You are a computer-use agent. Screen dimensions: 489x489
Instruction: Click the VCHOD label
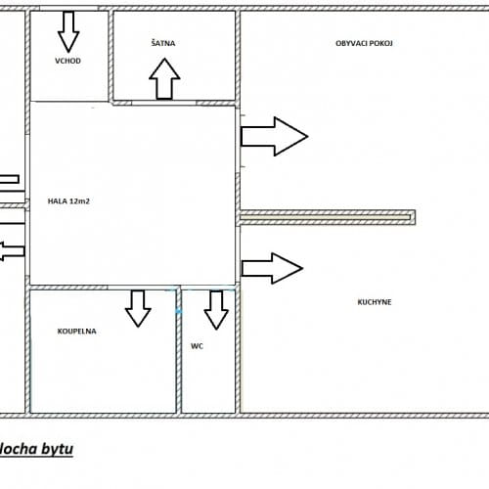coord(67,61)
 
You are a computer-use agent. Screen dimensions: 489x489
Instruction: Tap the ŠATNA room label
coord(163,43)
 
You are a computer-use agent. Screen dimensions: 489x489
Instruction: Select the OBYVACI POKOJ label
coord(364,43)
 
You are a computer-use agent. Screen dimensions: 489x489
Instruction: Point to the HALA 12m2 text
coord(68,201)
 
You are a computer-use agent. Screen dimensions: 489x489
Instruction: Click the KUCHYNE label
coord(375,302)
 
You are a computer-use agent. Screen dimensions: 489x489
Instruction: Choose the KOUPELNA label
coord(76,332)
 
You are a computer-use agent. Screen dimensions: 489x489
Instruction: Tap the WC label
coord(197,346)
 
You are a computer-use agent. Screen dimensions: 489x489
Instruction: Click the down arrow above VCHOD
coord(68,31)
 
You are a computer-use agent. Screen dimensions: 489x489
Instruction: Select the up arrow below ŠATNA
coord(164,79)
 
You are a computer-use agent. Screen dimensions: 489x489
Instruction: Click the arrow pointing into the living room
coord(275,136)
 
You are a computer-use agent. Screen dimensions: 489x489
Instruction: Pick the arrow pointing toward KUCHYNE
coord(273,268)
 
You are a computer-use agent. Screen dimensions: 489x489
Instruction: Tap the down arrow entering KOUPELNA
coord(138,308)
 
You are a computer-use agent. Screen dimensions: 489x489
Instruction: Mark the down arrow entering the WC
coord(216,310)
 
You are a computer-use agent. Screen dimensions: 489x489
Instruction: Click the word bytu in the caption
coord(56,449)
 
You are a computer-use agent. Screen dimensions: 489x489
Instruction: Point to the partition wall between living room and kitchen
coord(328,217)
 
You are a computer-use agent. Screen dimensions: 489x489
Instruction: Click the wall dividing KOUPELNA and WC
coord(179,351)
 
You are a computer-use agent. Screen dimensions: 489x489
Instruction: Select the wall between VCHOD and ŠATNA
coord(111,56)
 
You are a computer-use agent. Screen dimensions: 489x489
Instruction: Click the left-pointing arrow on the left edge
coord(13,251)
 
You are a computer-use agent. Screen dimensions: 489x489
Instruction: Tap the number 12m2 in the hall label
coord(79,201)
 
